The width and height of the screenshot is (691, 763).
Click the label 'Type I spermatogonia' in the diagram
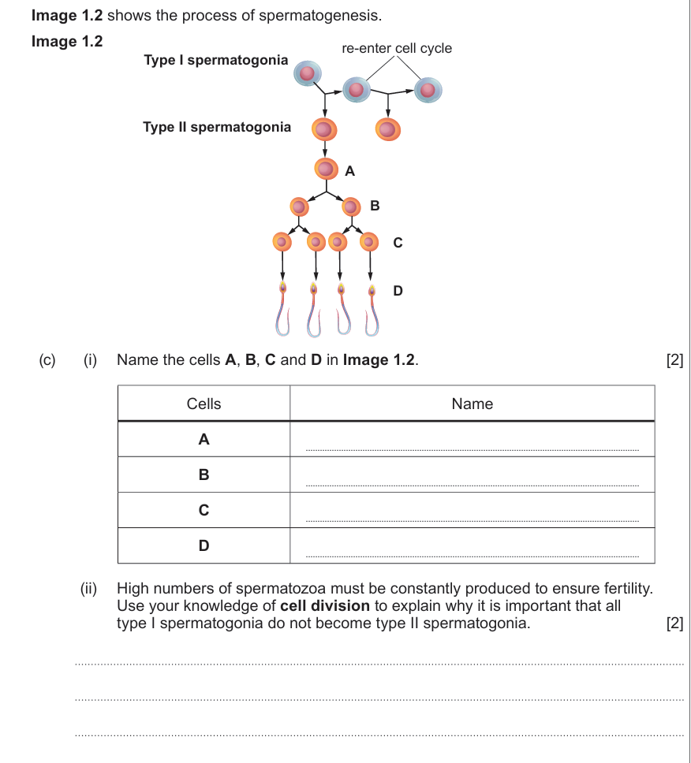tap(216, 60)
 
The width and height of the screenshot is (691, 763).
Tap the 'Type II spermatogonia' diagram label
tap(217, 127)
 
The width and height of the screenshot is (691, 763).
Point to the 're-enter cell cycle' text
tap(397, 48)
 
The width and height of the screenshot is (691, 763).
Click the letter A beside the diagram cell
tap(350, 169)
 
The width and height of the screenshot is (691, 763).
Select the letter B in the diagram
tap(375, 206)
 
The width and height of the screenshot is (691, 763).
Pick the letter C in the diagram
tap(398, 243)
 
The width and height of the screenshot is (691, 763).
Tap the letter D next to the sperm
tap(398, 291)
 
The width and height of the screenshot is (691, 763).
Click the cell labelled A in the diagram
tap(326, 168)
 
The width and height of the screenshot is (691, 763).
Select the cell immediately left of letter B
tap(352, 207)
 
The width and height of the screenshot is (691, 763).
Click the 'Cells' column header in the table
tap(204, 404)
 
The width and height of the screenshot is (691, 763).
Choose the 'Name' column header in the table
tap(472, 404)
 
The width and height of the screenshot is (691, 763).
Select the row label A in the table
tap(204, 440)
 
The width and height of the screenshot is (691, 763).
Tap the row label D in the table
tap(204, 545)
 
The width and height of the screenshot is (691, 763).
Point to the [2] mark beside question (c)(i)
tap(674, 360)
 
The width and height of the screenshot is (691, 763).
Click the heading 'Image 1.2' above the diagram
tap(67, 41)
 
